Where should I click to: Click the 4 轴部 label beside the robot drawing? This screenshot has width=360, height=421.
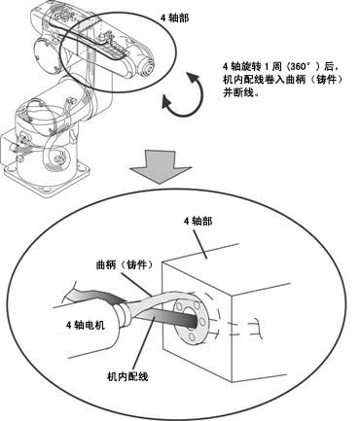pos(174,18)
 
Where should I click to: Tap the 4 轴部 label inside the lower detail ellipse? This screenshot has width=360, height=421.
pos(198,222)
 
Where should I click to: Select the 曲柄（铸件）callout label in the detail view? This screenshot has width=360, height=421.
pos(125,264)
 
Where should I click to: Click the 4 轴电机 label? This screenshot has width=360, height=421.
pos(86,325)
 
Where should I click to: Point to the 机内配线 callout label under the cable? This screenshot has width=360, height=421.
pos(127,376)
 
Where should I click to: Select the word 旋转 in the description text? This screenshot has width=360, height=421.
pos(251,67)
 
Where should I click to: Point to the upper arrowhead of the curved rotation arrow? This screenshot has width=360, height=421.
pos(194,77)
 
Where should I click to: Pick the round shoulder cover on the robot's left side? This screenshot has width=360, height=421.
pos(46,54)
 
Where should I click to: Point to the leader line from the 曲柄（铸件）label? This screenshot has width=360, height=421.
pos(136,284)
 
